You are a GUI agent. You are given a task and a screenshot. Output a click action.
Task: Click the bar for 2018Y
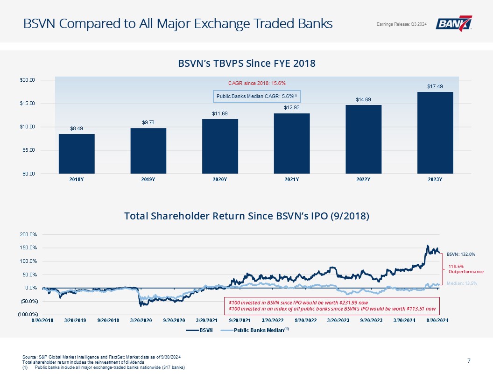[x=76, y=154]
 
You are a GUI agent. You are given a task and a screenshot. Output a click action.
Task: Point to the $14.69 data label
[x=363, y=99]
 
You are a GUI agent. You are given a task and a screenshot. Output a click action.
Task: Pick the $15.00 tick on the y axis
[x=27, y=103]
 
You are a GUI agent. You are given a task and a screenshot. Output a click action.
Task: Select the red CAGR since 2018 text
[x=257, y=83]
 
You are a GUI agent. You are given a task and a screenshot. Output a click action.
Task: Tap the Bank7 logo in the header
[x=454, y=23]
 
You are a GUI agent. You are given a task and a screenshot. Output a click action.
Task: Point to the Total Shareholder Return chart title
[x=247, y=216]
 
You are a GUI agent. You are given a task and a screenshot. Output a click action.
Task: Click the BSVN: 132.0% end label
[x=461, y=254]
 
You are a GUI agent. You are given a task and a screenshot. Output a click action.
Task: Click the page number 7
[x=468, y=360]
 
